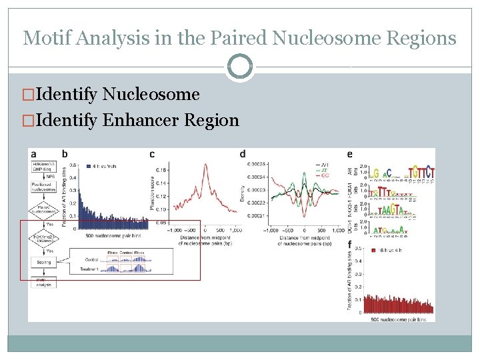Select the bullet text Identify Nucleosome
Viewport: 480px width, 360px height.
pyautogui.click(x=117, y=95)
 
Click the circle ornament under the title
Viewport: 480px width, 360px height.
pyautogui.click(x=240, y=67)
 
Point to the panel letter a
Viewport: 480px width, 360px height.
pyautogui.click(x=34, y=155)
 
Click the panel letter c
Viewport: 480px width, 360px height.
pyautogui.click(x=152, y=155)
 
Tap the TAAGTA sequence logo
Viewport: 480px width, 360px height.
pyautogui.click(x=390, y=211)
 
